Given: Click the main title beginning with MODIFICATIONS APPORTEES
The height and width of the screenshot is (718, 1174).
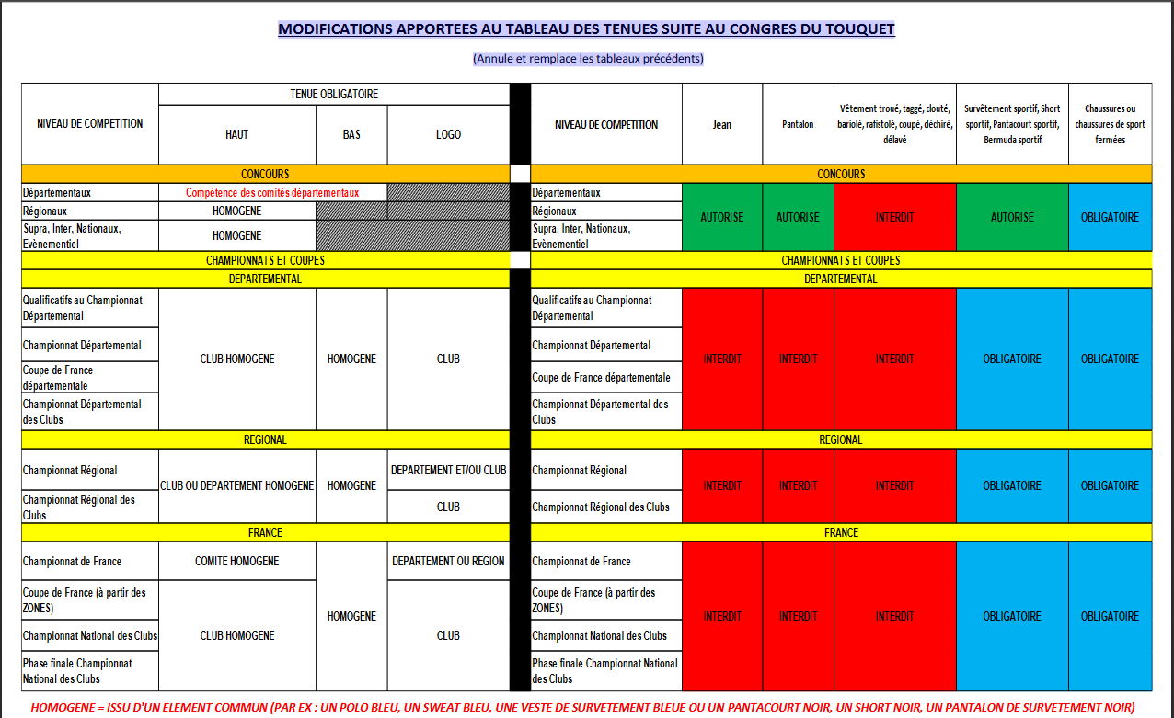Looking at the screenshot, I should point(586,29).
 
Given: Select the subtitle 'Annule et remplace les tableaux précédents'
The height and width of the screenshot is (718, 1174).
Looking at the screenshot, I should point(588,58).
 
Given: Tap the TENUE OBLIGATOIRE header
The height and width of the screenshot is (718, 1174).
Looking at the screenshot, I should point(334,94).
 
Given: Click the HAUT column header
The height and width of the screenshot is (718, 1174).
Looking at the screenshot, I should point(236,134).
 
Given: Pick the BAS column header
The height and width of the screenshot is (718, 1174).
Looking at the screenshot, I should point(351,134).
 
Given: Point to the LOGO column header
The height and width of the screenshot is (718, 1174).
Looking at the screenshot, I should point(448,134).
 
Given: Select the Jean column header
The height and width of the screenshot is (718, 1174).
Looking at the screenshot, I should point(722,125).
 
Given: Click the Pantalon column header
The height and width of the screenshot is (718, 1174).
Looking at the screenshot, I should point(798,125).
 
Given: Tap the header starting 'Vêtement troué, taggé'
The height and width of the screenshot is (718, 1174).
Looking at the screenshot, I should point(894,124).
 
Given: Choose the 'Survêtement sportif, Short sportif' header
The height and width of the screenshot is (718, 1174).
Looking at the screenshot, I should point(1012,124).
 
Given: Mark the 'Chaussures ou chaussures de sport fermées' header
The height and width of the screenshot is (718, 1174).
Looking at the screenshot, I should point(1111,124).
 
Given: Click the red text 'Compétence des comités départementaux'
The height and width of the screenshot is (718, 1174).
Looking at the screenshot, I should point(272,193).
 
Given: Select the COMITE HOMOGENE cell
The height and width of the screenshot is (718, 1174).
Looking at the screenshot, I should point(236,561).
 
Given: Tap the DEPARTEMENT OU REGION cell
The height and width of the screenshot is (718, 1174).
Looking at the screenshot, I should point(448,561).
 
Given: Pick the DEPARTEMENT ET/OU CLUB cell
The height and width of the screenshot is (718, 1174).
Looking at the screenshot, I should point(448,470).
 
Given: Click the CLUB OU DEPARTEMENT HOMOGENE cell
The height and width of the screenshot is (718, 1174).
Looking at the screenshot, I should point(236,485).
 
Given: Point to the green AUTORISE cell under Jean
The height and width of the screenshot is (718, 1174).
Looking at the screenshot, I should point(722,218).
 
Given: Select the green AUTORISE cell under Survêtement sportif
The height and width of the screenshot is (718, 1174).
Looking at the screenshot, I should point(1012,218).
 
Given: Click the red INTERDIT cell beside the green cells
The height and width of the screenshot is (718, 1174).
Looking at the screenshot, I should point(894,218).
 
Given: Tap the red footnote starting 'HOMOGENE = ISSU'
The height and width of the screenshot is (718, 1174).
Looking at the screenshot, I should point(582,707).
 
